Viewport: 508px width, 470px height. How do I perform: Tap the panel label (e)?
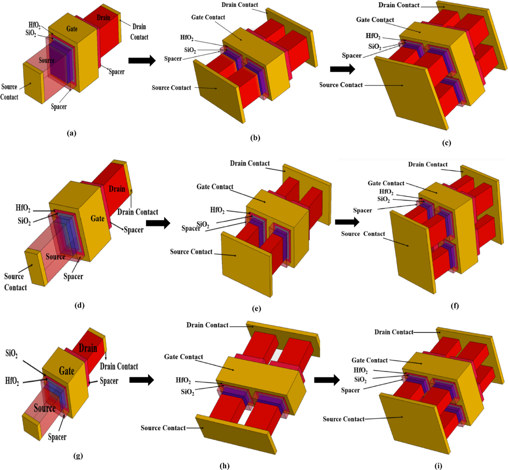(256, 309)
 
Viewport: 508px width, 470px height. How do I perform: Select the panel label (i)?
(438, 466)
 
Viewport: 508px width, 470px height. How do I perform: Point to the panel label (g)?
(77, 456)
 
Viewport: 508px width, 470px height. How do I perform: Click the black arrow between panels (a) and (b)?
(142, 60)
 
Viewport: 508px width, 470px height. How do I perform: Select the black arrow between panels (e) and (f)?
(347, 222)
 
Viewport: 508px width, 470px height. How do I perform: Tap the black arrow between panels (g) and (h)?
(141, 380)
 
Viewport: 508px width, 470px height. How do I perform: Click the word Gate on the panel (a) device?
(72, 28)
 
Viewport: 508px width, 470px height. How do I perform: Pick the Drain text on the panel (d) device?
(117, 189)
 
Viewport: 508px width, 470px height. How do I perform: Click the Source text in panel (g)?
(45, 408)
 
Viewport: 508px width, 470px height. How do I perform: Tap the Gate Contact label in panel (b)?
(208, 17)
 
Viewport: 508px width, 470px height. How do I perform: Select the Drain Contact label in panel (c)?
(399, 5)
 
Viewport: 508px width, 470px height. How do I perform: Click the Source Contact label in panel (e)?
(191, 252)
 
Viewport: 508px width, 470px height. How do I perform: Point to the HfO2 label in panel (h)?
(183, 381)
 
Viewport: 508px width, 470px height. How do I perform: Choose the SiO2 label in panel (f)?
(384, 199)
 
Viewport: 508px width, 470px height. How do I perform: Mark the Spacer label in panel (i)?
(351, 390)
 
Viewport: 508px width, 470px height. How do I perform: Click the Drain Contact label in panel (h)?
(207, 325)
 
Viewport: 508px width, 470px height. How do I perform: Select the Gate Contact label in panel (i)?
(370, 360)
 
